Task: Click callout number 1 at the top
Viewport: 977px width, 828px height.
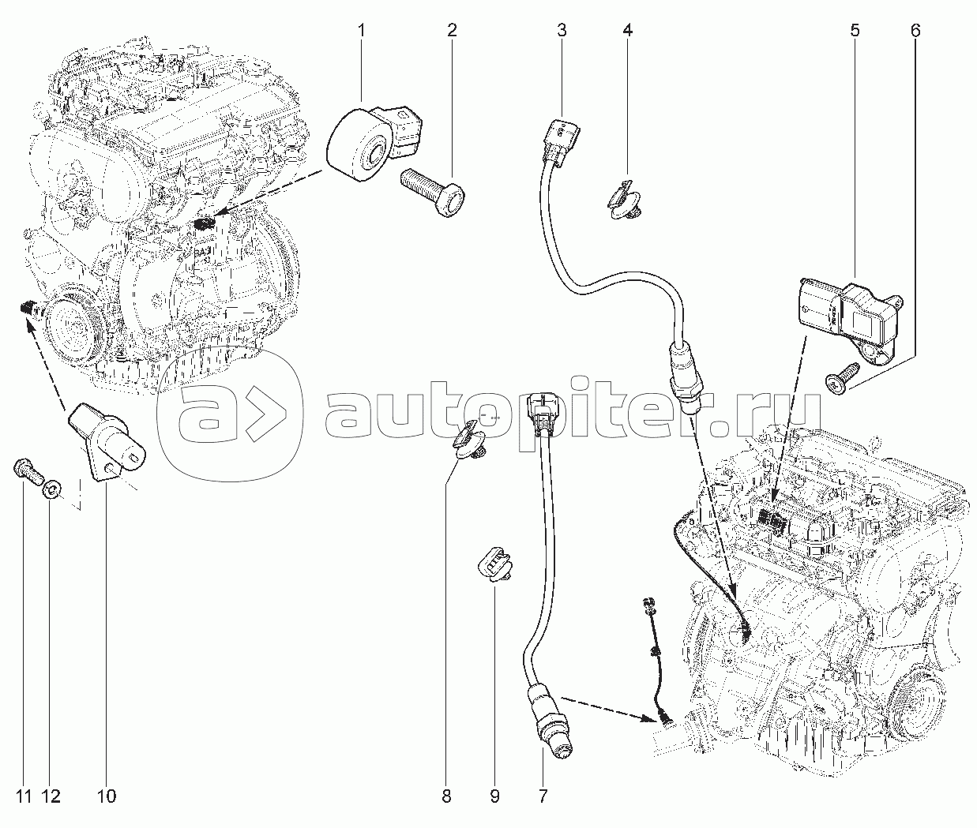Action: pos(362,31)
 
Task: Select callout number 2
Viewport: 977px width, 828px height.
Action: pos(452,31)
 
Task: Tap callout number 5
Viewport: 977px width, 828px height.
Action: pos(855,31)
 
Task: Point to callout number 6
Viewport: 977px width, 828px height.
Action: pos(915,31)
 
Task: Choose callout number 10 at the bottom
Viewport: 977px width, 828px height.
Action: pos(107,797)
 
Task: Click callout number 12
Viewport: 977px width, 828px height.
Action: pos(51,797)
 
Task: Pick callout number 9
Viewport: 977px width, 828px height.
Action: pos(494,797)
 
